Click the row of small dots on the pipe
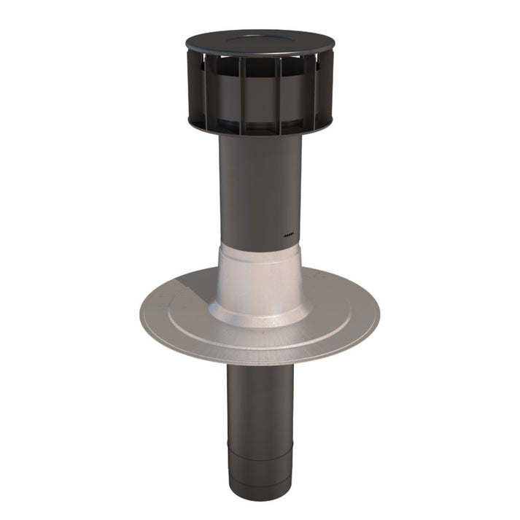point(288,236)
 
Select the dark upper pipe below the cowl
point(260,190)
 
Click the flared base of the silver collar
point(260,317)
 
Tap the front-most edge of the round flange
point(260,362)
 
